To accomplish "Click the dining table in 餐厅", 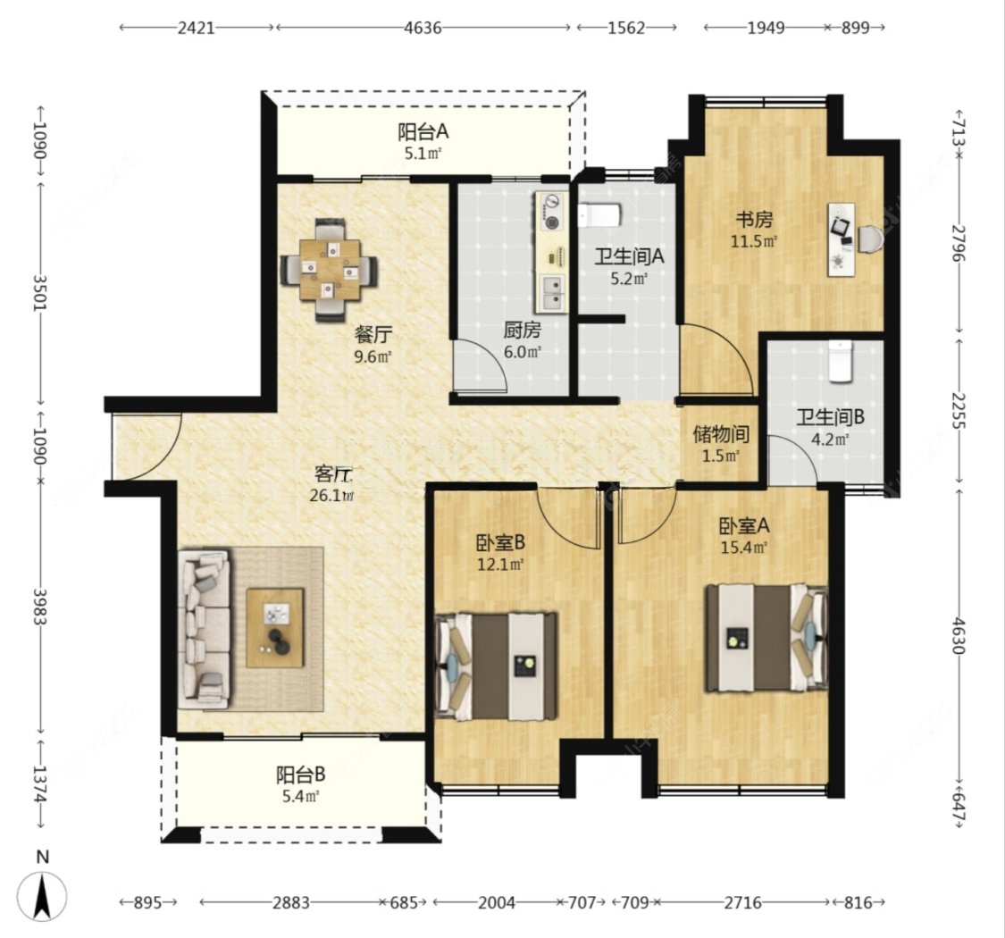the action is coord(329,270).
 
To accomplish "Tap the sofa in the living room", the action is coord(205,628).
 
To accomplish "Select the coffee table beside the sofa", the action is coord(275,628).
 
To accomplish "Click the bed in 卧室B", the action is coord(496,666).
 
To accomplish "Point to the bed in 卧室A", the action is coord(766,638).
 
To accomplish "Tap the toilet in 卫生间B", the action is coord(841,361).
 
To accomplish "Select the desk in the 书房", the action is coord(841,239).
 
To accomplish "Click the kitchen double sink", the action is coord(552,293).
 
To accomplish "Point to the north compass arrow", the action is coord(42,896).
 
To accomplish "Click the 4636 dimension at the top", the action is coord(423,28).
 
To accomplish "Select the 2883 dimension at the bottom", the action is coord(291,903).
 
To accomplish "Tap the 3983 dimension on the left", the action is coord(39,607).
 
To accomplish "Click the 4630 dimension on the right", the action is coord(959,635).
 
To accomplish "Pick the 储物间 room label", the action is coord(721,435).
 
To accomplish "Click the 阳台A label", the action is coord(423,132).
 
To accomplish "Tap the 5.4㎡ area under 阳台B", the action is coord(300,796).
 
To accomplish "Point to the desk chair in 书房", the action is coord(870,239).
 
